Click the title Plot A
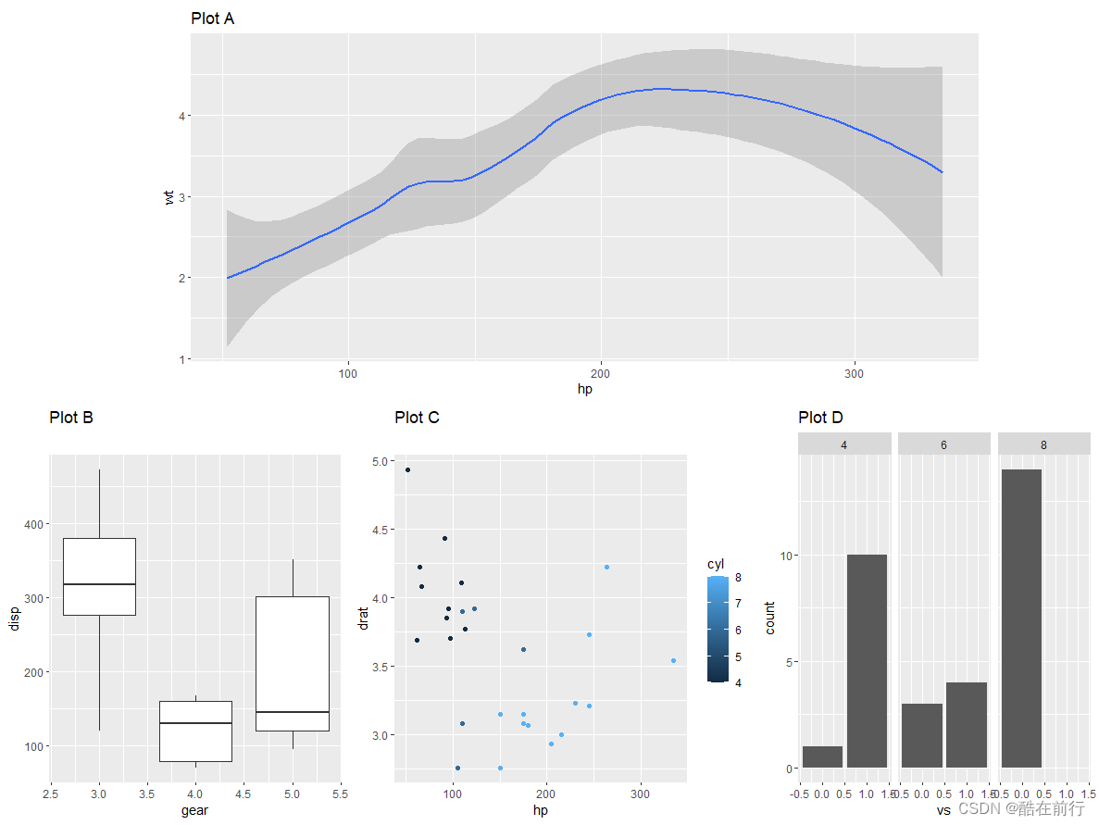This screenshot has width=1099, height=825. (212, 19)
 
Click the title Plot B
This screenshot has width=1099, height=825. (71, 418)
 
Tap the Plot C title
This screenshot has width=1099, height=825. (417, 418)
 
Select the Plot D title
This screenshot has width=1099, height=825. (820, 418)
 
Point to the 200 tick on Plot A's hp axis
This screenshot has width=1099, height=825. (602, 373)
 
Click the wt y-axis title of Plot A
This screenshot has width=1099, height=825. (169, 196)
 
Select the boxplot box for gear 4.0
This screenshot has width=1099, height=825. (195, 731)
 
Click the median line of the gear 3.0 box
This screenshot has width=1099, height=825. (99, 584)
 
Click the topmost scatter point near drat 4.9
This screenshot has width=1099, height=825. (407, 470)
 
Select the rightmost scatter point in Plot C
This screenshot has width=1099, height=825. (673, 661)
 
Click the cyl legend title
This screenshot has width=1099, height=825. (716, 564)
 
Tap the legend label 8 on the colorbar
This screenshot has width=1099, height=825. (738, 578)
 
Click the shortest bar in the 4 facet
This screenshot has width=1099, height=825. (822, 756)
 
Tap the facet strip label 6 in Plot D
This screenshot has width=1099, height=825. (943, 444)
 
